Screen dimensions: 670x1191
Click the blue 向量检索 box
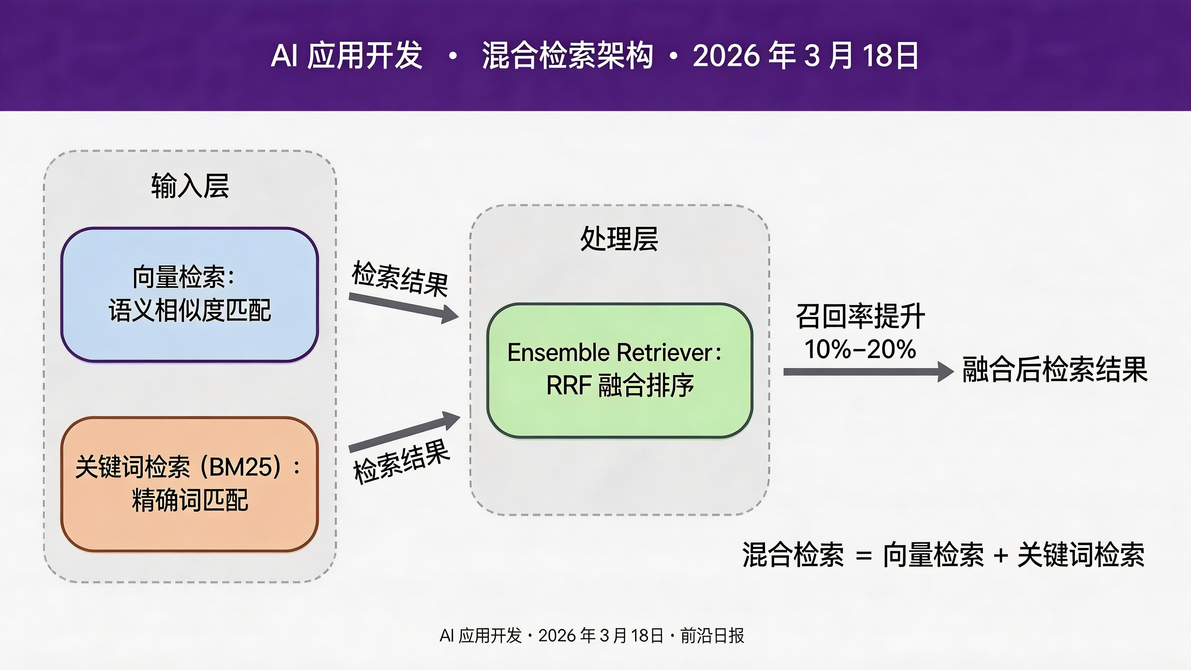190,295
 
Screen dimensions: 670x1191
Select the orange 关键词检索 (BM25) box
190,484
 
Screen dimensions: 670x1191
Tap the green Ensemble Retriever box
620,370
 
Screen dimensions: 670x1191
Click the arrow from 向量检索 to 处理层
402,307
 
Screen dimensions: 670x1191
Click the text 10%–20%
860,349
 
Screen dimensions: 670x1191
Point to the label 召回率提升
860,317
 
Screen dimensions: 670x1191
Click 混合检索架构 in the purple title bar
567,56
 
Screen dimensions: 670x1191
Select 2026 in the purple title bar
726,56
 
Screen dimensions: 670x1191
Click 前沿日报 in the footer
712,636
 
